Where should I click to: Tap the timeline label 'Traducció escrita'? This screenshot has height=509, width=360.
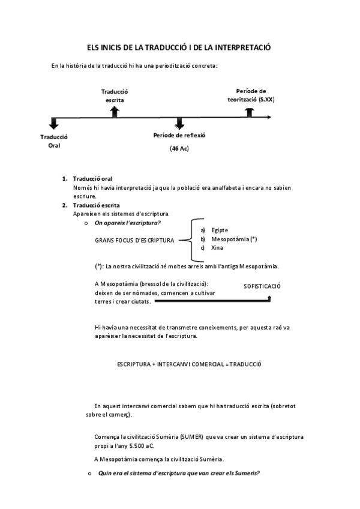(115, 95)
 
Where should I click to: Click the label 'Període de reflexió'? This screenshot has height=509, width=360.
(179, 135)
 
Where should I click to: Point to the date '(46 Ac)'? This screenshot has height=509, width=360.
(179, 148)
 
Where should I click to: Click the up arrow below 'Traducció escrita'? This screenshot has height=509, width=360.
(115, 111)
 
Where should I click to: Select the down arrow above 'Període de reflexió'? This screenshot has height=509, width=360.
(179, 123)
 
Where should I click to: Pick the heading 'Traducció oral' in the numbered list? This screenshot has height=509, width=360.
(92, 179)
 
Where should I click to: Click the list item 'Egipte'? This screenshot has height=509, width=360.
(220, 230)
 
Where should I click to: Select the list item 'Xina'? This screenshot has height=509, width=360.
(217, 247)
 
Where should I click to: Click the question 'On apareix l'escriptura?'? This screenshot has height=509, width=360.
(127, 223)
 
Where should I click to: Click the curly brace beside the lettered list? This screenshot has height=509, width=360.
(193, 239)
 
